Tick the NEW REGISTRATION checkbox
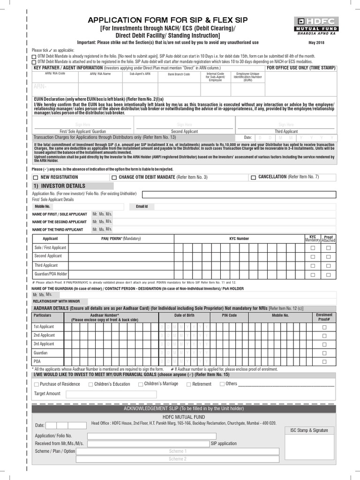point(36,178)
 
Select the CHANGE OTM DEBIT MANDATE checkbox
point(114,178)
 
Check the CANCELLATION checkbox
point(253,178)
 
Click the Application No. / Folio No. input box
point(239,194)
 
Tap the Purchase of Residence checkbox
point(36,384)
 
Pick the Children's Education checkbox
point(90,384)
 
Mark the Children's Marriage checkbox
point(140,384)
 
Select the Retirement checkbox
point(188,384)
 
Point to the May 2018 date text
point(317,43)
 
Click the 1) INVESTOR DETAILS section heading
point(59,186)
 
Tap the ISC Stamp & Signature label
point(309,430)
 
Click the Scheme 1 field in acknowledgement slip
point(178,451)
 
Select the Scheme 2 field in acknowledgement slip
point(178,459)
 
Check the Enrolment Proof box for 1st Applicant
point(324,327)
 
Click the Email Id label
point(142,206)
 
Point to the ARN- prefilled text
point(41,87)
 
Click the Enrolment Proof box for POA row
point(324,361)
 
